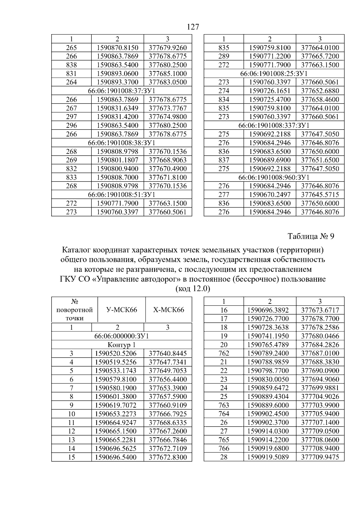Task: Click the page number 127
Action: coord(193,27)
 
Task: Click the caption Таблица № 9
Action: coord(311,236)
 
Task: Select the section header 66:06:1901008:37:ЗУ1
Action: coord(121,91)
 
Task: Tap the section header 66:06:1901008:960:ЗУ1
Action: coord(274,177)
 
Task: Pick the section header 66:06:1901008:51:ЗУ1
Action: coord(121,195)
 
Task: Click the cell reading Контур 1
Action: coord(121,345)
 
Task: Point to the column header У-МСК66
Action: coord(121,310)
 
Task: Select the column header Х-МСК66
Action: coord(169,310)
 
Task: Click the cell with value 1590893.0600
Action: coord(117,73)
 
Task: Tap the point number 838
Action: coord(71,65)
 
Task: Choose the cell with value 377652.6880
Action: coord(320,91)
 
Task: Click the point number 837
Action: coord(224,160)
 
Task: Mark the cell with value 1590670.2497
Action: coord(270,194)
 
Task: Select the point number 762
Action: coord(224,353)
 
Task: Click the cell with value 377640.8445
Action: coord(168,353)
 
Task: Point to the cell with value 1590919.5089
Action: coord(270,457)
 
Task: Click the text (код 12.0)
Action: coord(193,289)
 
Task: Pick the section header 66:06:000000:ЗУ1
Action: coord(121,336)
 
